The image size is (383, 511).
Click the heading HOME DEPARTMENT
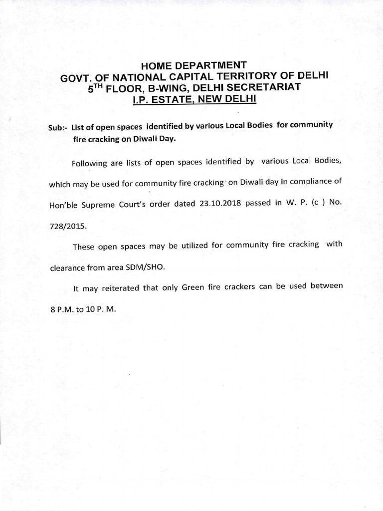tap(193, 65)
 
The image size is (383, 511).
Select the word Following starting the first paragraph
tap(91, 163)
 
